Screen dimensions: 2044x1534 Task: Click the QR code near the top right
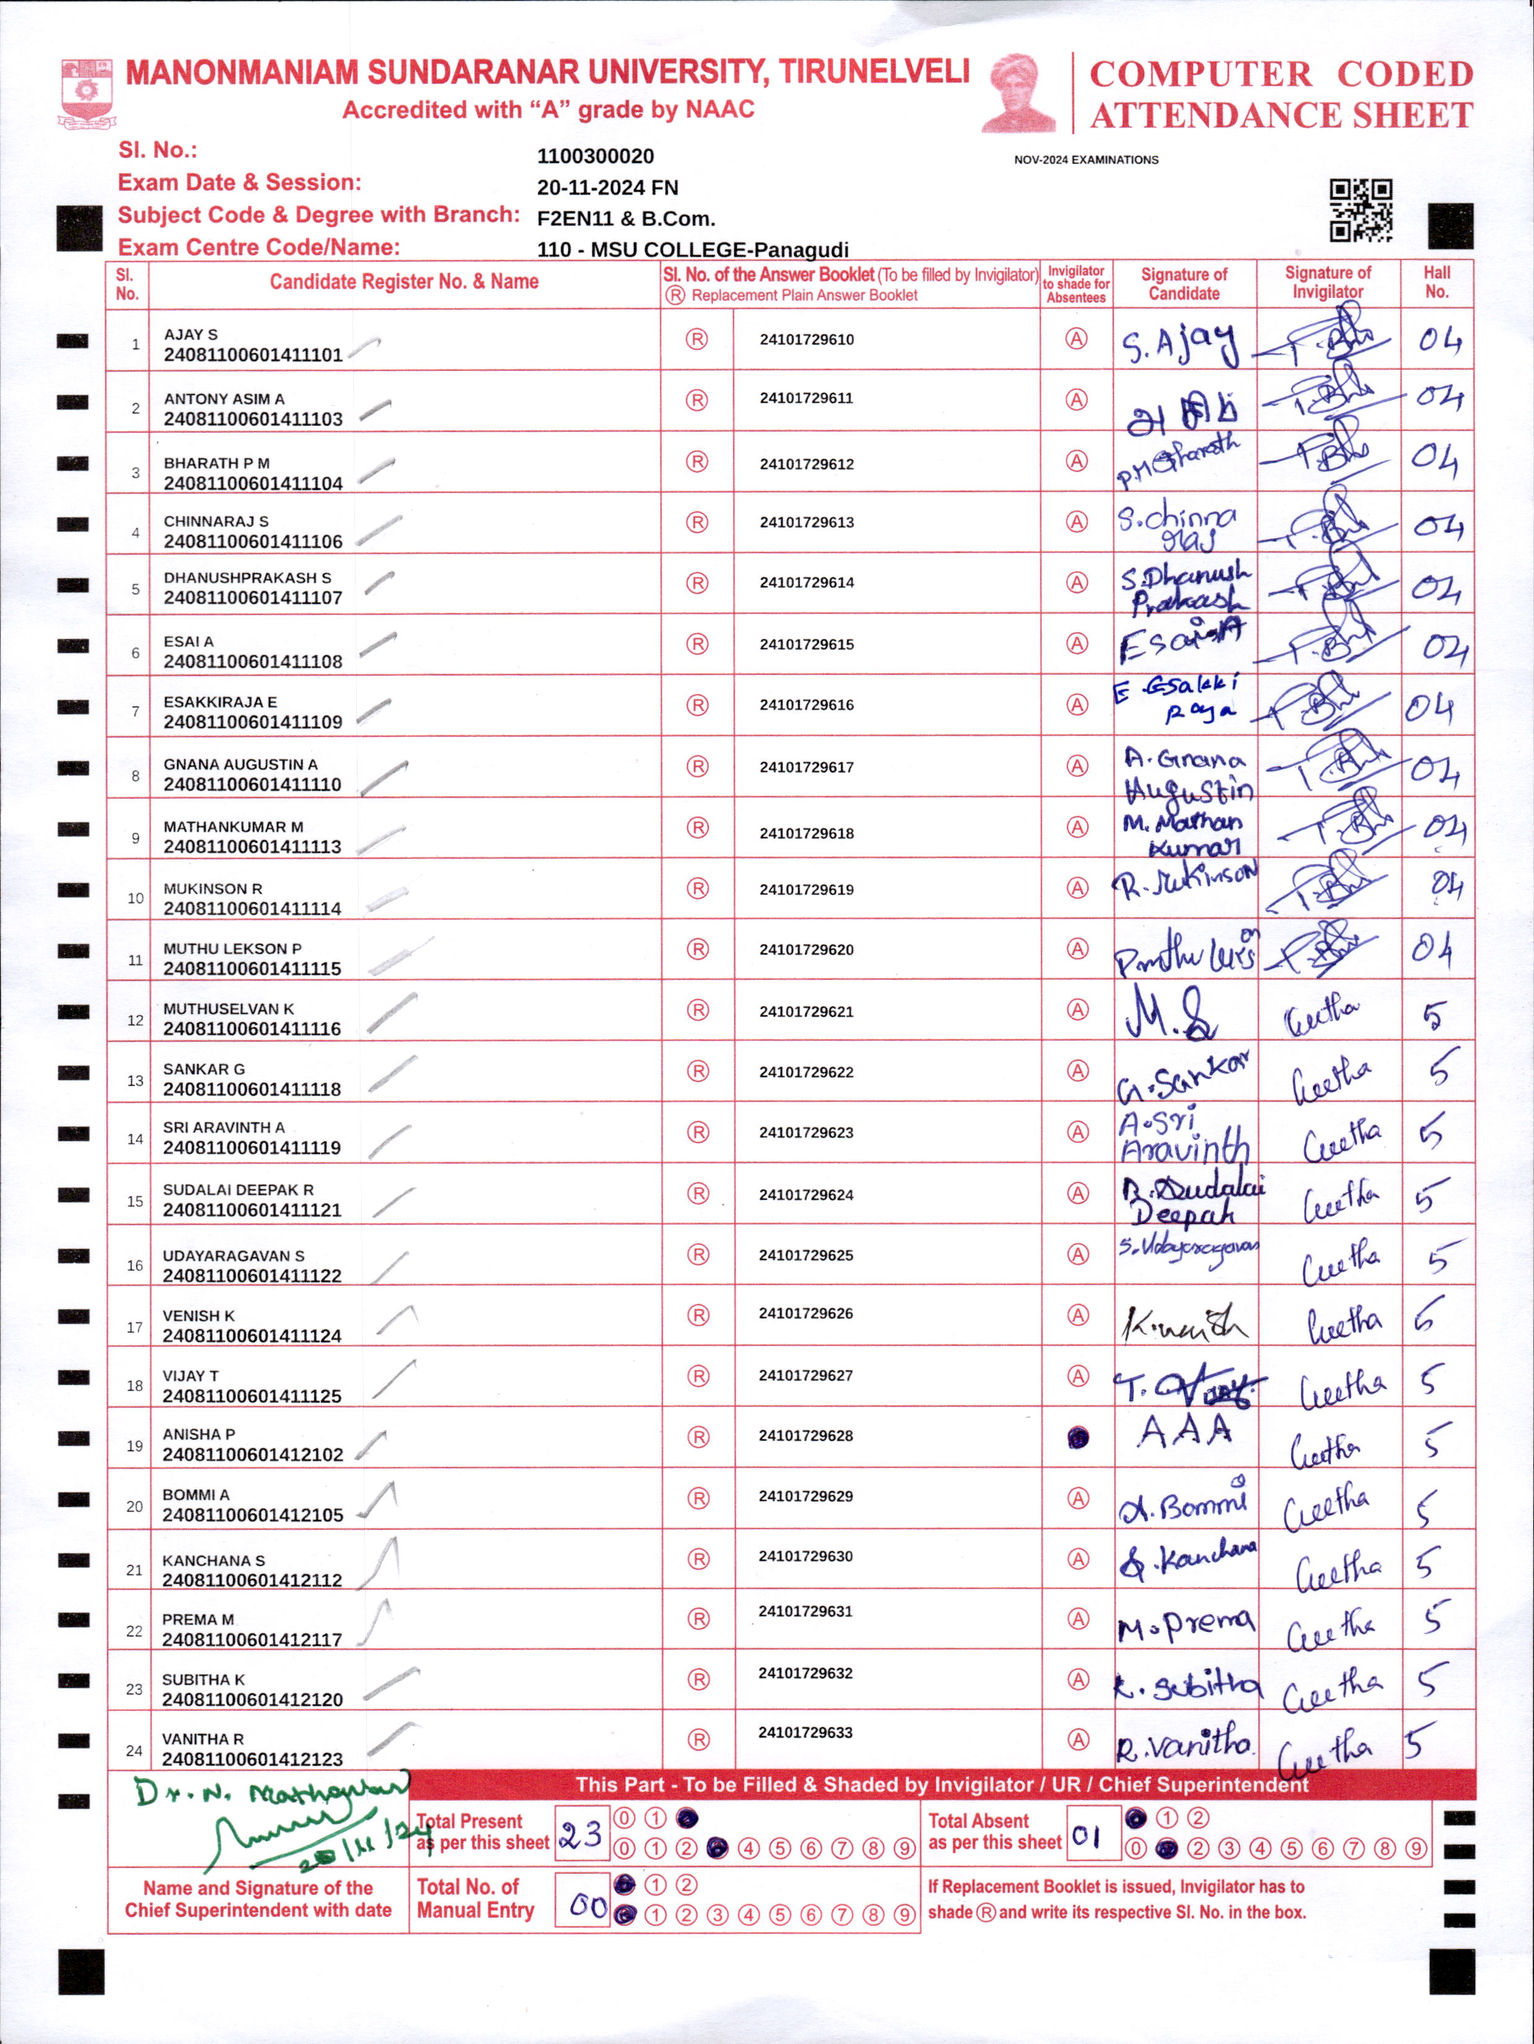(x=1361, y=211)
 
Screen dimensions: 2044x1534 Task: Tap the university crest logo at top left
(x=88, y=92)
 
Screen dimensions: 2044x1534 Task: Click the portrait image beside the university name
(x=1019, y=92)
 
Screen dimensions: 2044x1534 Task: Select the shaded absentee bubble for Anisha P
(x=1077, y=1438)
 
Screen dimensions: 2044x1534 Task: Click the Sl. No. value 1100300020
(x=595, y=156)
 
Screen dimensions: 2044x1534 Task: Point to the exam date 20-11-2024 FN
(x=607, y=188)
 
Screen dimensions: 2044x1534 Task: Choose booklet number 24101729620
(x=806, y=950)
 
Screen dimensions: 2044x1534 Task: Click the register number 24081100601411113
(x=252, y=847)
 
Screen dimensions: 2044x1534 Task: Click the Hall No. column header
(x=1436, y=282)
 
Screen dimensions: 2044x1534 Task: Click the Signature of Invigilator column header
(x=1327, y=282)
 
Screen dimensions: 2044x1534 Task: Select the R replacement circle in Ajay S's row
(x=697, y=339)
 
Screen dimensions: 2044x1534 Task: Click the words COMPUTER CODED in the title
(x=1281, y=74)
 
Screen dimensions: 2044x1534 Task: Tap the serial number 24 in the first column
(x=134, y=1750)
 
